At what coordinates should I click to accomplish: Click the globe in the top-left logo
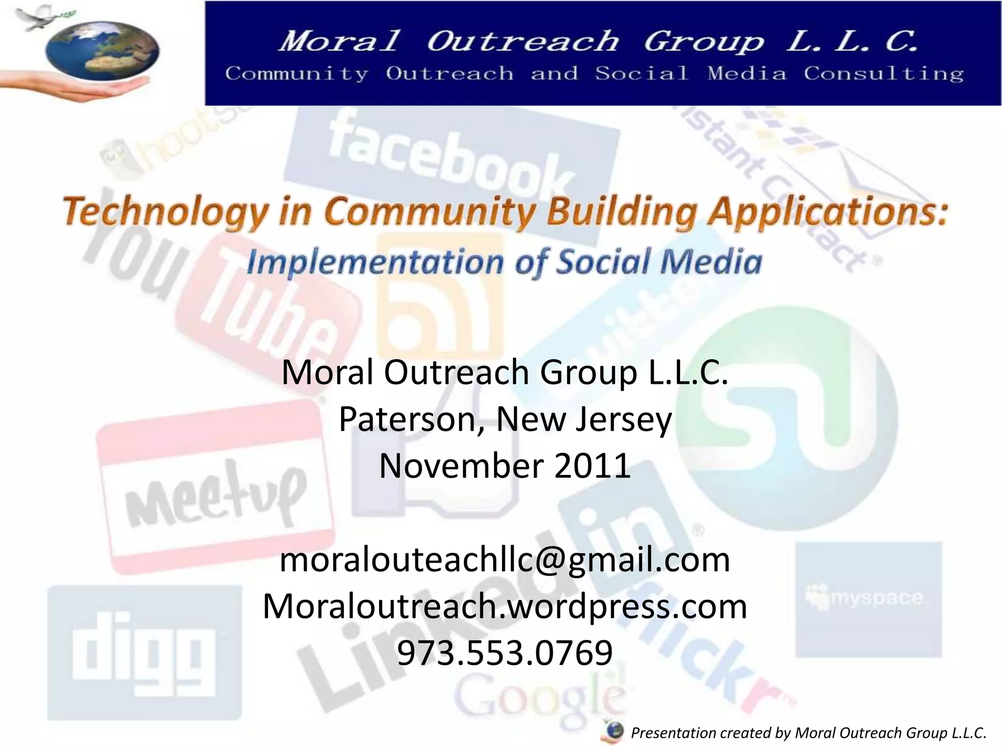click(x=102, y=52)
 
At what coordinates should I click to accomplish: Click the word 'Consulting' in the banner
click(x=883, y=74)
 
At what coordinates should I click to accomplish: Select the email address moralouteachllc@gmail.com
click(x=504, y=560)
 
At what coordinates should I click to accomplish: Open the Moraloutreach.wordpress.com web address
click(x=504, y=606)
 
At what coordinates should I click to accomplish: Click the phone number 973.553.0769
click(x=504, y=653)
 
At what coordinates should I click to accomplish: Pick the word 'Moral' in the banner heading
click(x=340, y=41)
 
